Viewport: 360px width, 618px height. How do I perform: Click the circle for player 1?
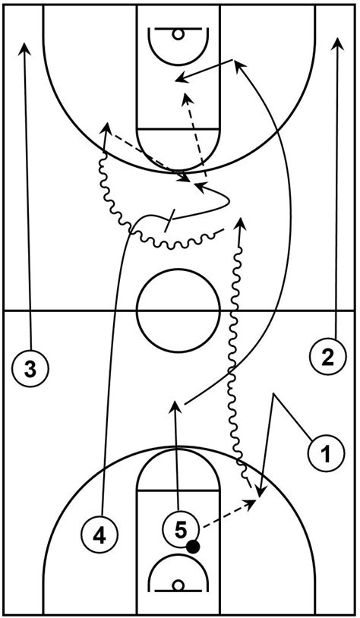pos(327,454)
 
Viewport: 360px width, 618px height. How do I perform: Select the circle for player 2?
pos(327,358)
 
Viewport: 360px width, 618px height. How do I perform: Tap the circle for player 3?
pos(30,370)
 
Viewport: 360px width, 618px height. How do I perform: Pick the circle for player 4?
pos(99,536)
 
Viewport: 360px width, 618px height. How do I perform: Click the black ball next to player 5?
pos(193,547)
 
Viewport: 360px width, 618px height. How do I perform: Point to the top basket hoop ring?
pos(178,34)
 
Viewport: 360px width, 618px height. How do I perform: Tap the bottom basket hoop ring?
pos(178,585)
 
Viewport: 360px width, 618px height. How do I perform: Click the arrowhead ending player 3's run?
pos(25,47)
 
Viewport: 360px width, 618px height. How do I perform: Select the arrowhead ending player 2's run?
pos(337,43)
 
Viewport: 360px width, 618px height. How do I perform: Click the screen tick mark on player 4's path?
pos(169,221)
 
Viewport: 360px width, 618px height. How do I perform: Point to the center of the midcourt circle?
pos(178,311)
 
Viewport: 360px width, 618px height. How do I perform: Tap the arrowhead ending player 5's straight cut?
pos(173,407)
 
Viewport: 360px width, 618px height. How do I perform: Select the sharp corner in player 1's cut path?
pos(273,394)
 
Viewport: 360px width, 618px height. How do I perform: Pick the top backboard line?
pos(178,28)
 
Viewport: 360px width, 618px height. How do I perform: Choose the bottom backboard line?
pos(178,591)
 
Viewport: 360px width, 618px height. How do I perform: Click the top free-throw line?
pos(178,128)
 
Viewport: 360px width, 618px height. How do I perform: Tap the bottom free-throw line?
pos(178,490)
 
